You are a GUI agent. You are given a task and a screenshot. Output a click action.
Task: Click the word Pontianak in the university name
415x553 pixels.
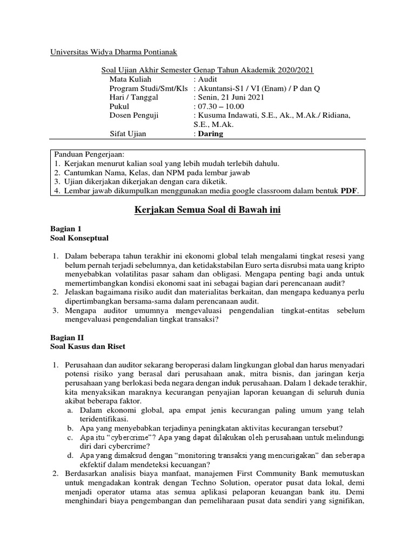157,52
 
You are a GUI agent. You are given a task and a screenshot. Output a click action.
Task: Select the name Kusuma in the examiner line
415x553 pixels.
212,116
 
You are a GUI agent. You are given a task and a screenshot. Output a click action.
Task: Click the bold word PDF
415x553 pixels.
349,190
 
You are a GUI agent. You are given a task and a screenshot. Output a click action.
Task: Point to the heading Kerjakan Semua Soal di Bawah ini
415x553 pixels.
207,209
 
